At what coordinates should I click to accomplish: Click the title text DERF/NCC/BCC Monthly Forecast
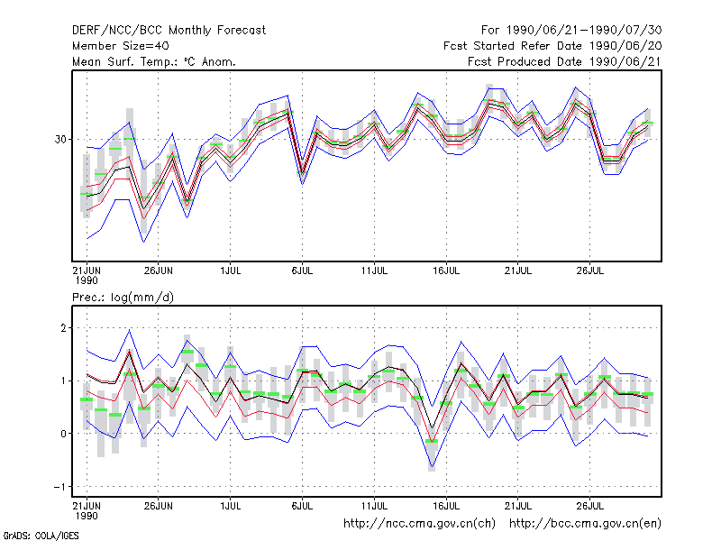pos(169,31)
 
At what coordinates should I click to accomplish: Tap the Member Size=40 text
pos(121,46)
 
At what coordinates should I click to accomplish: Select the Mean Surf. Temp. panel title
pos(153,61)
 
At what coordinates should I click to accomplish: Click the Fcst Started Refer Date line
pos(552,46)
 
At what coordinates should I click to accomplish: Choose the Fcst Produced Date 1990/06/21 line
pos(565,61)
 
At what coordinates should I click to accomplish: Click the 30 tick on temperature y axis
pos(60,139)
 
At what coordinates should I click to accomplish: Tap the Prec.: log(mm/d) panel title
pos(123,298)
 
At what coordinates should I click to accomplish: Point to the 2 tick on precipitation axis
pos(63,328)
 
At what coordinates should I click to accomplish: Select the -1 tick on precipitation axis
pos(59,487)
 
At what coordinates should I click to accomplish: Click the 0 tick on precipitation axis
pos(63,434)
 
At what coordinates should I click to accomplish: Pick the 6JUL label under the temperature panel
pos(302,270)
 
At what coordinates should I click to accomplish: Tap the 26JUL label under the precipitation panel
pos(590,506)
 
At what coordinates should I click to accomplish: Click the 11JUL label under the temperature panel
pos(374,270)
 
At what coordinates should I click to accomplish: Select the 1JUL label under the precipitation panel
pos(231,506)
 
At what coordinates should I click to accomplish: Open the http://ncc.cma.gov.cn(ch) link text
pos(419,524)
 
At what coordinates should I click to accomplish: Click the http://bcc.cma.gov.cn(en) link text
pos(585,524)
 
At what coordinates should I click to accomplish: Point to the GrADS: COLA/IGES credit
pos(41,536)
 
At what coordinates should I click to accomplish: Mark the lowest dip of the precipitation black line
pos(432,429)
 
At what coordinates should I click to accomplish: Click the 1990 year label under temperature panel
pos(87,280)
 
